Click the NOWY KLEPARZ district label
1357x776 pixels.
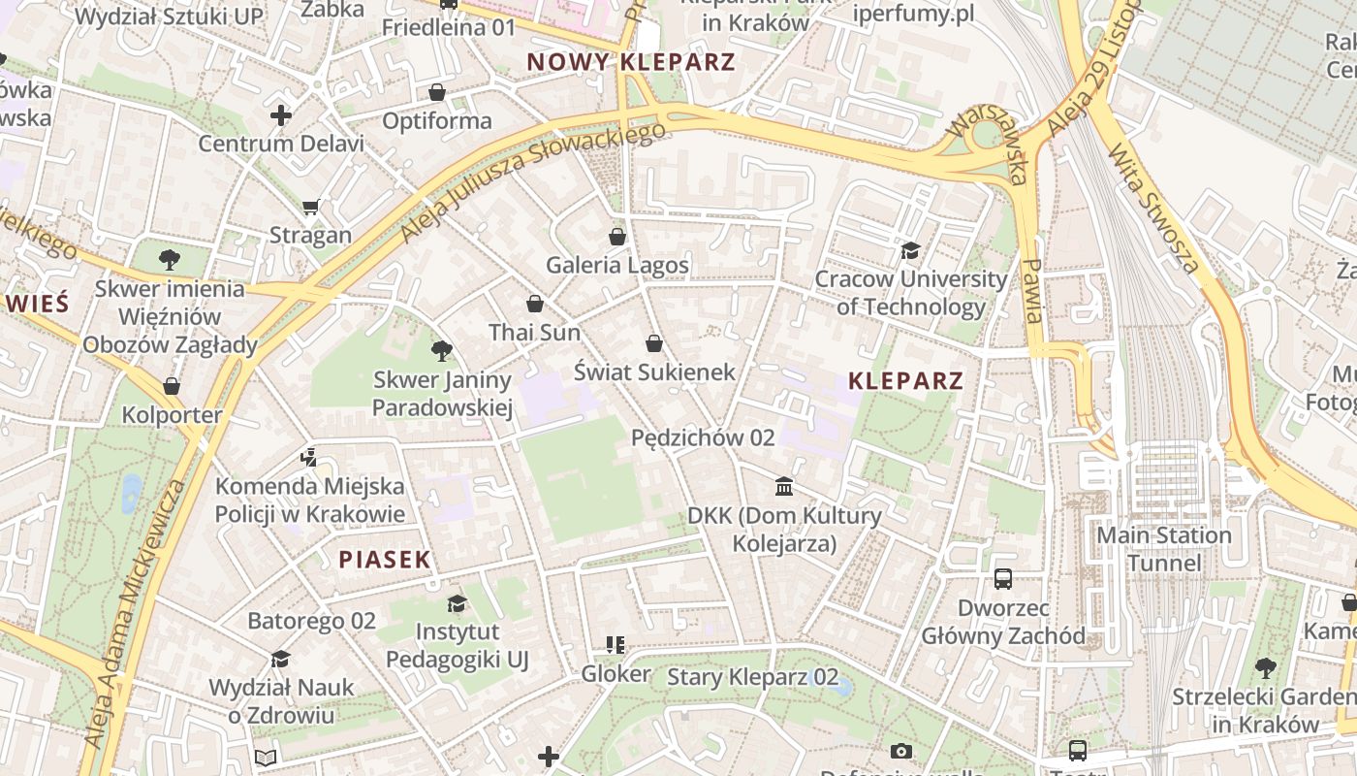coord(630,62)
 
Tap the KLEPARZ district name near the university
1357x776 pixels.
coord(905,380)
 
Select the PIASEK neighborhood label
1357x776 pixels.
coord(385,560)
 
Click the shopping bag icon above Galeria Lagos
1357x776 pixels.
coord(617,236)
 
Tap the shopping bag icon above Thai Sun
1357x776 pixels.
coord(534,304)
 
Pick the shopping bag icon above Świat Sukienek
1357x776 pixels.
coord(654,342)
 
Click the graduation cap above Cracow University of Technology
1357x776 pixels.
coord(910,251)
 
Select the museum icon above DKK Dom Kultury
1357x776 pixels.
coord(784,486)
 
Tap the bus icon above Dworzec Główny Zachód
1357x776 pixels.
coord(1003,579)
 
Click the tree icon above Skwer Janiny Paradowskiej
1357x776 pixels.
coord(442,350)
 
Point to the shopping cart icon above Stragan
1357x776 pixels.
coord(311,207)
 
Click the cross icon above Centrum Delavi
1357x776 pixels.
coord(281,115)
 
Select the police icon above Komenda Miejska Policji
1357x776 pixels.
coord(309,457)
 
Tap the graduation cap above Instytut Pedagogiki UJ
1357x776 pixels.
coord(457,603)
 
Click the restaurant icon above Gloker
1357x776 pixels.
coord(615,644)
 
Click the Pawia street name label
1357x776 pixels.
coord(1033,291)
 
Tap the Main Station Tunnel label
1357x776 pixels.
coord(1163,549)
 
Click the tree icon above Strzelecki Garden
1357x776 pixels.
coord(1265,667)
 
